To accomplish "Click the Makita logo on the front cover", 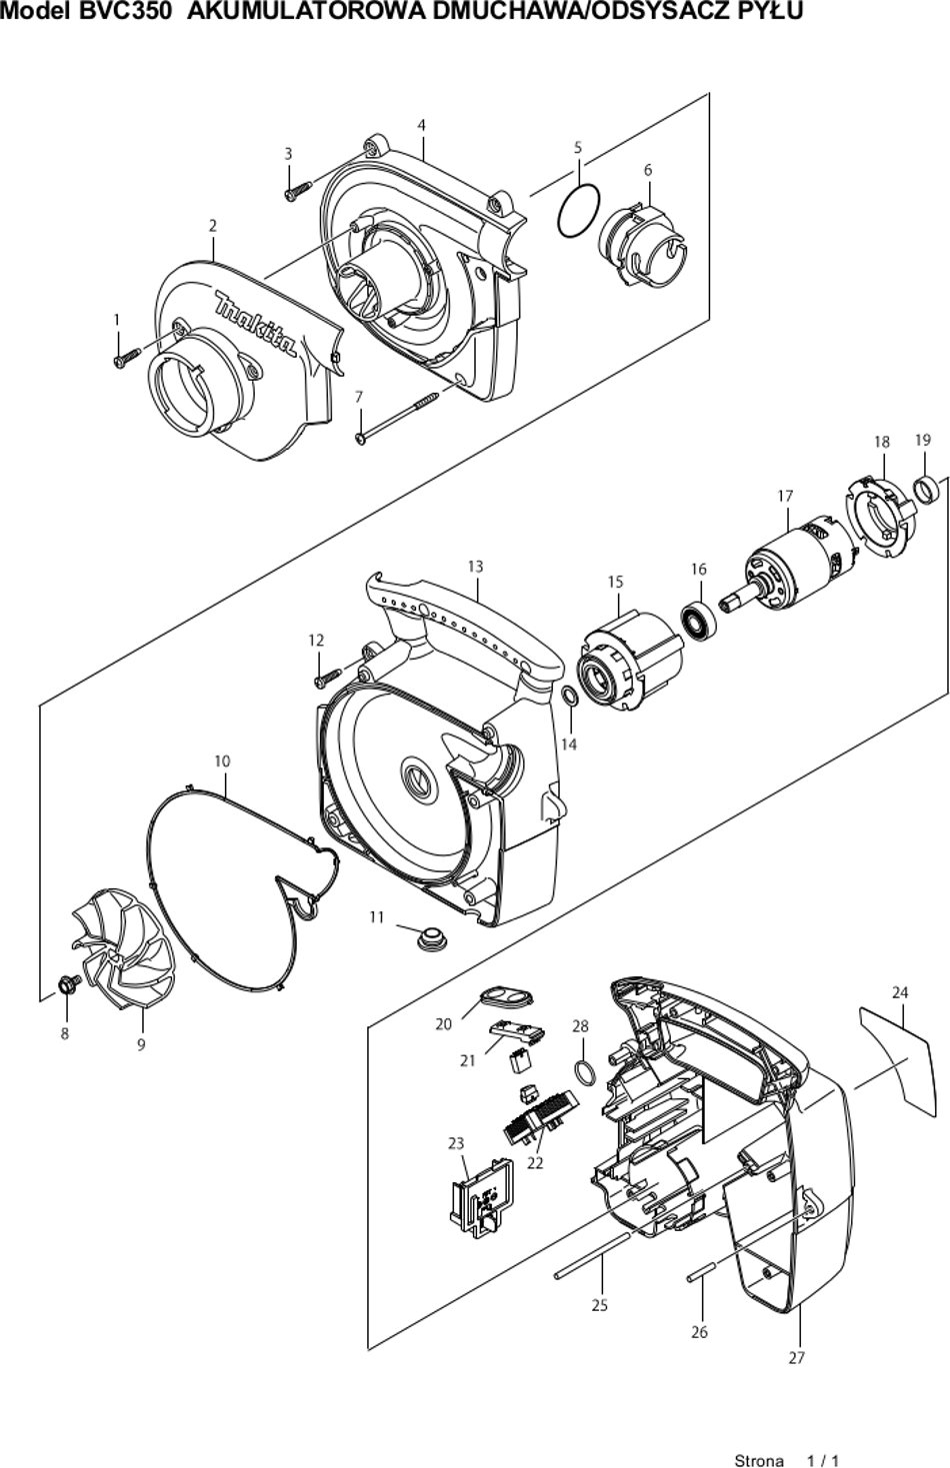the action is coord(256,325).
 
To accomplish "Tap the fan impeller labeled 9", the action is coord(122,947).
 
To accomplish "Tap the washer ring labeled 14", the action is coord(570,697).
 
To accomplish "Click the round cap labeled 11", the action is coord(432,936).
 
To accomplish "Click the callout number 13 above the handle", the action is coord(475,566).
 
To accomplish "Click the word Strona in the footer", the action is coord(759,1460).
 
